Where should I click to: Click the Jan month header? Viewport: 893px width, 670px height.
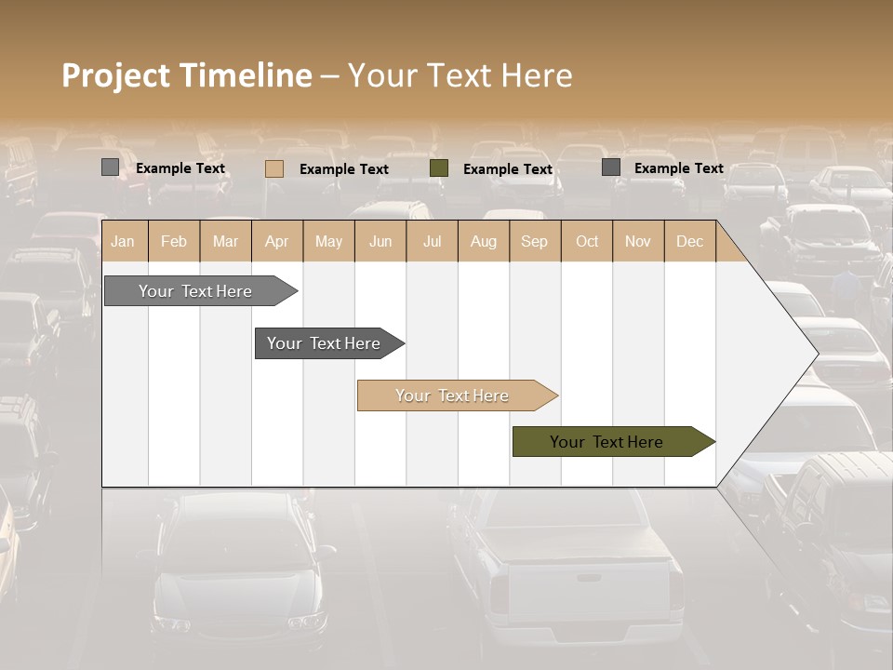click(x=123, y=241)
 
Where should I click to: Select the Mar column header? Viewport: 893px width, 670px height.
click(x=225, y=241)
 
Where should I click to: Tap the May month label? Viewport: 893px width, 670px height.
click(x=328, y=241)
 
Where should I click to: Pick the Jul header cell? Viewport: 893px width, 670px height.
click(x=432, y=241)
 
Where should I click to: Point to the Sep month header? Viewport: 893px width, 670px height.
click(x=534, y=241)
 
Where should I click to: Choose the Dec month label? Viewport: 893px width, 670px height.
click(x=689, y=241)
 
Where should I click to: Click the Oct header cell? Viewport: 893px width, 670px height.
click(x=587, y=241)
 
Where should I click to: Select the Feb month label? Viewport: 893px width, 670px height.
click(x=174, y=241)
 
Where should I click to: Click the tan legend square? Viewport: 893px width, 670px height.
click(x=273, y=168)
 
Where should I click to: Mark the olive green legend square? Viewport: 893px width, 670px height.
click(x=439, y=168)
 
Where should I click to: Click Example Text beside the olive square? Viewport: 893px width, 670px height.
click(x=508, y=169)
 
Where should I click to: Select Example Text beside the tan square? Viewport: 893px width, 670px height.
click(x=344, y=169)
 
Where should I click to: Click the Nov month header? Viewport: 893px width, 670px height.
click(x=638, y=241)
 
